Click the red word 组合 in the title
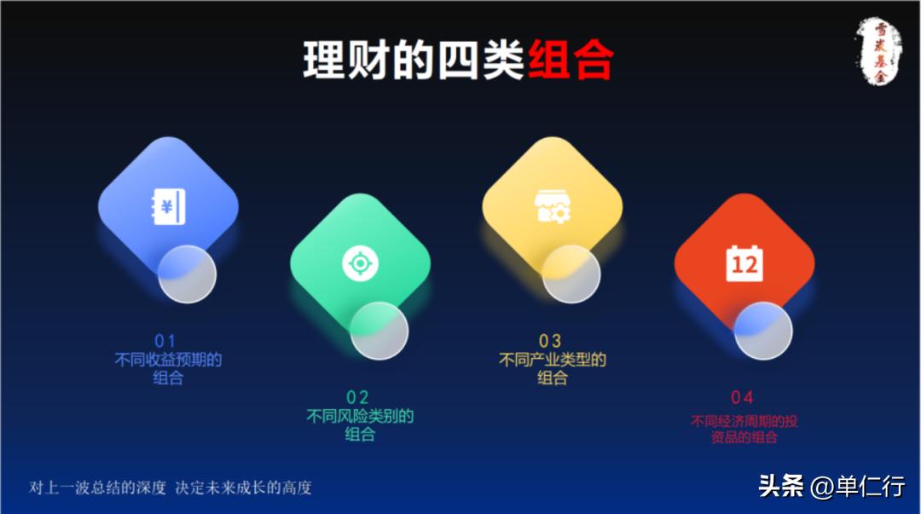click(571, 61)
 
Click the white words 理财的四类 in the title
click(413, 61)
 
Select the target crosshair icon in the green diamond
click(360, 263)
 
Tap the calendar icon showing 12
click(744, 263)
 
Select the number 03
click(550, 342)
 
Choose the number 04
click(742, 397)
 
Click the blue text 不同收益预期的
click(168, 360)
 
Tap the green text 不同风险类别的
click(360, 416)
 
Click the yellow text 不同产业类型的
click(552, 360)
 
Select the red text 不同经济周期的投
click(744, 421)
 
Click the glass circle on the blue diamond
click(187, 274)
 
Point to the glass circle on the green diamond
click(379, 331)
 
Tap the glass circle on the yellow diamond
click(571, 274)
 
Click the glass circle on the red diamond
click(763, 331)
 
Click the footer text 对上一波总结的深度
click(98, 488)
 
